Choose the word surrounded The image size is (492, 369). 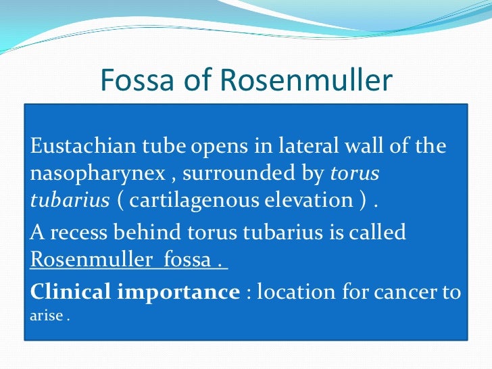coord(232,174)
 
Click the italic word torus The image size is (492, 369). coord(355,174)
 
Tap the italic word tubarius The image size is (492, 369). coord(69,201)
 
